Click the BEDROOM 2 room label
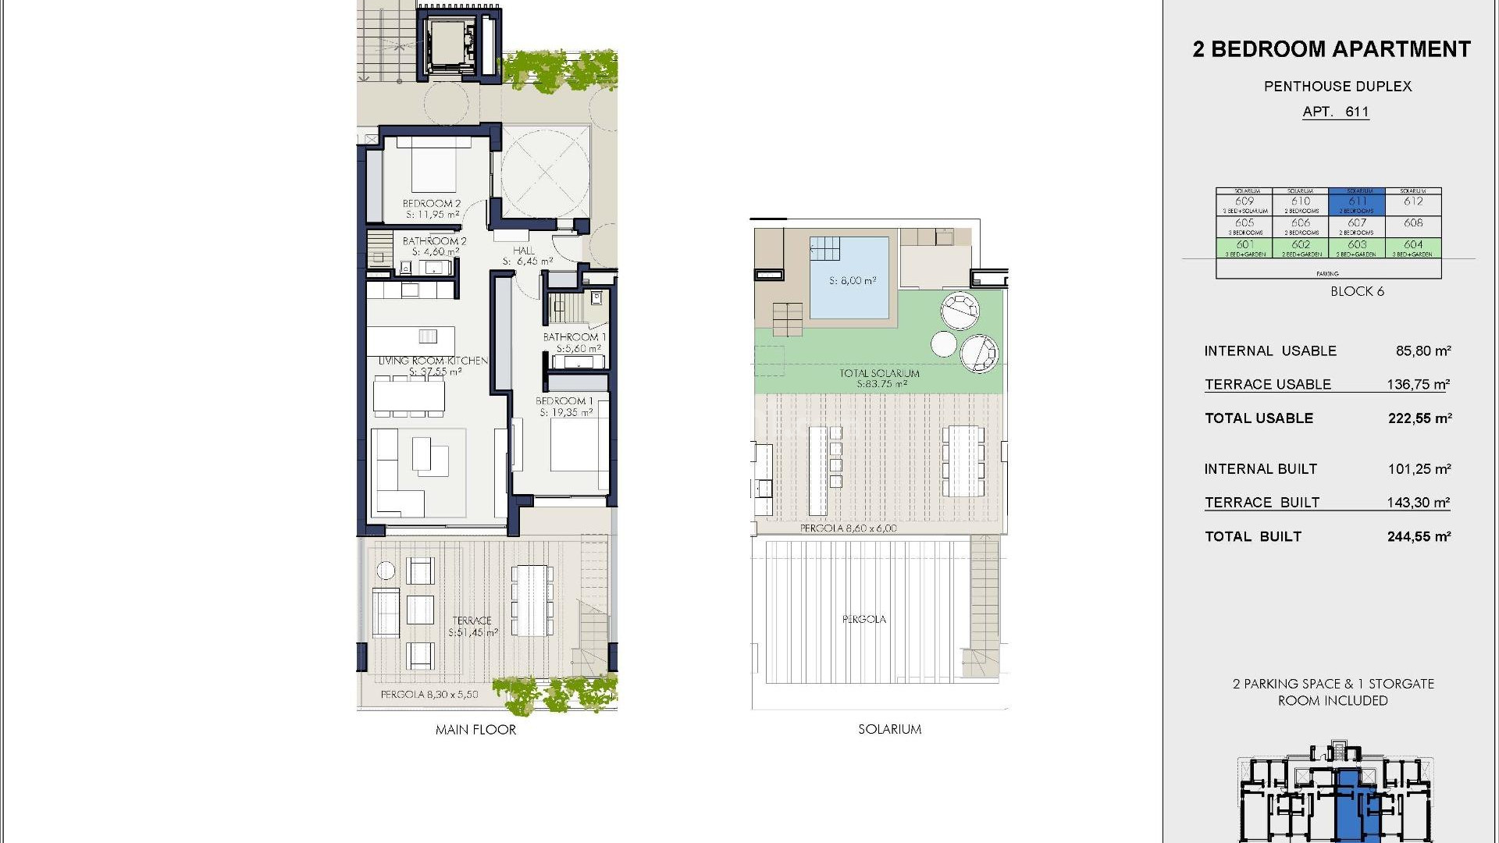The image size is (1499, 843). [432, 204]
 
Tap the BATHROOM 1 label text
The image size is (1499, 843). [574, 337]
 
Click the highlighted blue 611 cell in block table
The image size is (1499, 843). [1357, 202]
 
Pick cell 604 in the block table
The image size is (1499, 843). [1413, 247]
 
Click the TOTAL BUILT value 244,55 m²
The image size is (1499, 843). [1419, 537]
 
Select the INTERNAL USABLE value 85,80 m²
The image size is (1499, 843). [1422, 351]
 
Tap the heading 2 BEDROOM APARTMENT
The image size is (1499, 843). [1331, 49]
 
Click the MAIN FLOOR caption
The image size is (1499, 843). [475, 730]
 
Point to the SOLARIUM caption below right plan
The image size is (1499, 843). [889, 729]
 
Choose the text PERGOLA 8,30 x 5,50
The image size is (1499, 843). [429, 694]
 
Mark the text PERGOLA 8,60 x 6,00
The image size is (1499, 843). [848, 528]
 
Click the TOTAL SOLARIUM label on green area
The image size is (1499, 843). [879, 373]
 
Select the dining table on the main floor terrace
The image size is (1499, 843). [531, 599]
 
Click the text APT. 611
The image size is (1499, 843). [1335, 112]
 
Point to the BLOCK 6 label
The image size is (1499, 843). [1357, 291]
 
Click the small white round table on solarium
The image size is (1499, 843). [944, 344]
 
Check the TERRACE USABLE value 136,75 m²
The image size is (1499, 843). [1418, 385]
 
